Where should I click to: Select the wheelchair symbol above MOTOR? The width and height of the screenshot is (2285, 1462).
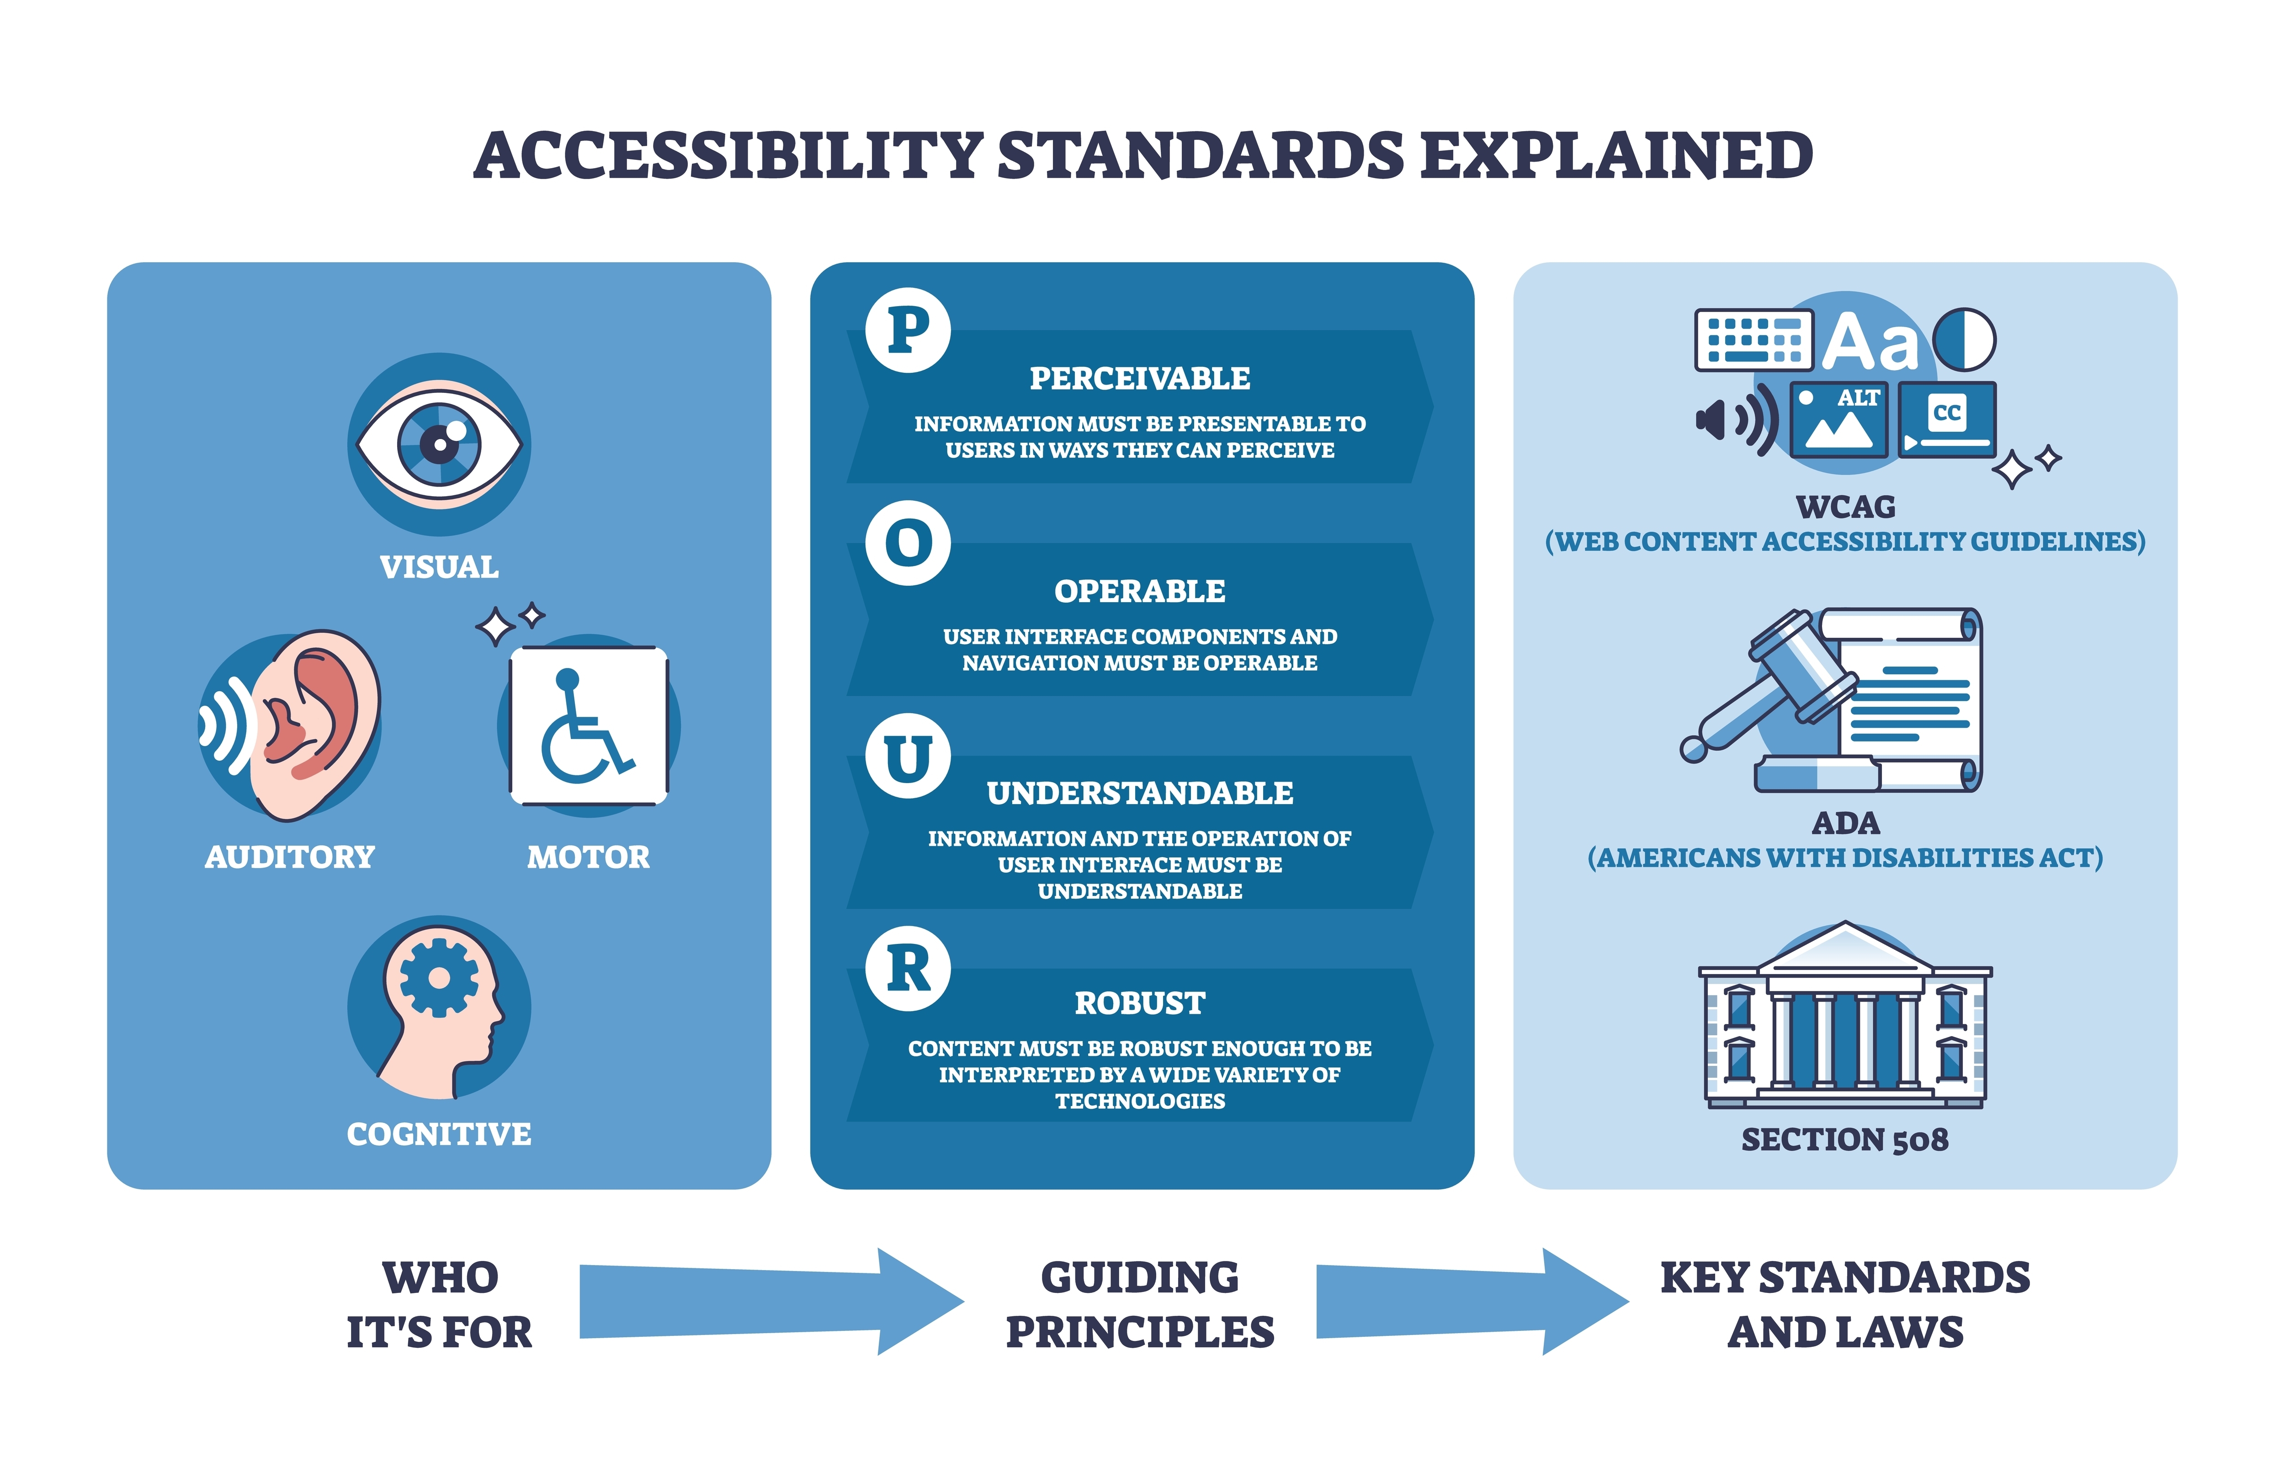(589, 726)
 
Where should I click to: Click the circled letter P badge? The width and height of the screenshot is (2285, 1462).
(908, 330)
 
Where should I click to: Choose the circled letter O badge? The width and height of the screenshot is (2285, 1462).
(908, 543)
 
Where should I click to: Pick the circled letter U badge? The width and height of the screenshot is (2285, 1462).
(908, 756)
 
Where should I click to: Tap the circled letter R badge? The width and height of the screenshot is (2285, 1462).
(908, 968)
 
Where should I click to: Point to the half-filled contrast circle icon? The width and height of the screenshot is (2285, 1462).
(1964, 339)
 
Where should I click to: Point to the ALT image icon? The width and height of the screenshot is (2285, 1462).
(1839, 418)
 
